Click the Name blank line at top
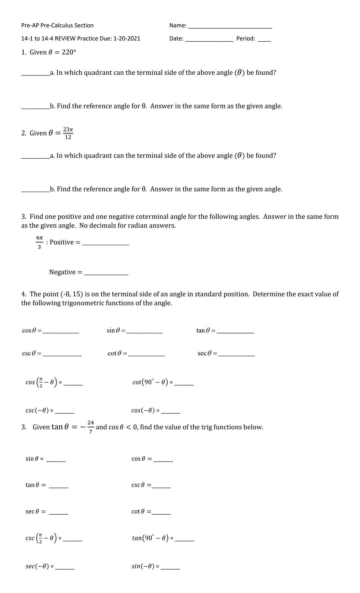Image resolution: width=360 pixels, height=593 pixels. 230,27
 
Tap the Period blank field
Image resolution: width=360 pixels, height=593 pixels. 264,40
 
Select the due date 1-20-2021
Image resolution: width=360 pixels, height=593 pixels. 127,38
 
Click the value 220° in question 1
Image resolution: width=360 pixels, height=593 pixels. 69,52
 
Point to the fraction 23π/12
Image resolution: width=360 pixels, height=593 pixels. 68,133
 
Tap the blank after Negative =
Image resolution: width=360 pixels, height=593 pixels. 106,273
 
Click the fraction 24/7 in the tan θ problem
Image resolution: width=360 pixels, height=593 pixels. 90,427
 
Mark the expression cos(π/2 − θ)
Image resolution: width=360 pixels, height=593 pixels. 41,382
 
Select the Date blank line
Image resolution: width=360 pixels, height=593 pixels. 209,40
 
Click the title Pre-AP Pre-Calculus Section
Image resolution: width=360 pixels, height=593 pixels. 57,25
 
